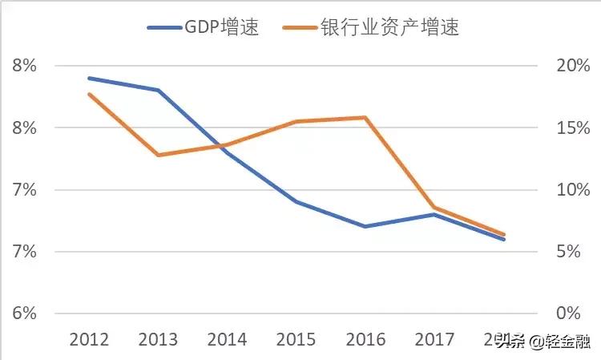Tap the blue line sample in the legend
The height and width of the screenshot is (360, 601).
click(x=166, y=27)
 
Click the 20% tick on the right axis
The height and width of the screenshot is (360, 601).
click(x=574, y=66)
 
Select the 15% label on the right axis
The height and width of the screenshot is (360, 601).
click(x=574, y=128)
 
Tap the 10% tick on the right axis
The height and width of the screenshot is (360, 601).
click(x=574, y=190)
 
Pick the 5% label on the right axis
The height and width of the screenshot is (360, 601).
click(x=577, y=252)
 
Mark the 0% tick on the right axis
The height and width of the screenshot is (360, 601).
click(x=577, y=313)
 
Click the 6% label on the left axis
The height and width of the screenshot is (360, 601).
click(x=25, y=313)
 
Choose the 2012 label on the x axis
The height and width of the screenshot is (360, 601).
click(x=90, y=339)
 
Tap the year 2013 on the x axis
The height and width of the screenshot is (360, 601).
click(x=159, y=339)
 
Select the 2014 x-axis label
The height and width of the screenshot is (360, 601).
click(x=228, y=339)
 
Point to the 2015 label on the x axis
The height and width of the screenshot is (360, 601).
click(x=296, y=339)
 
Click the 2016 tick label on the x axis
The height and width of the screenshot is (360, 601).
click(x=365, y=339)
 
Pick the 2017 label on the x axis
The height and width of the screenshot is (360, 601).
click(x=434, y=339)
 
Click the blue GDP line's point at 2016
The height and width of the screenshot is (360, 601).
click(x=365, y=226)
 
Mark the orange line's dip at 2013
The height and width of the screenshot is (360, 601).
click(x=159, y=155)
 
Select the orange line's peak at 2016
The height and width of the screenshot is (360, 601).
click(x=365, y=118)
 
